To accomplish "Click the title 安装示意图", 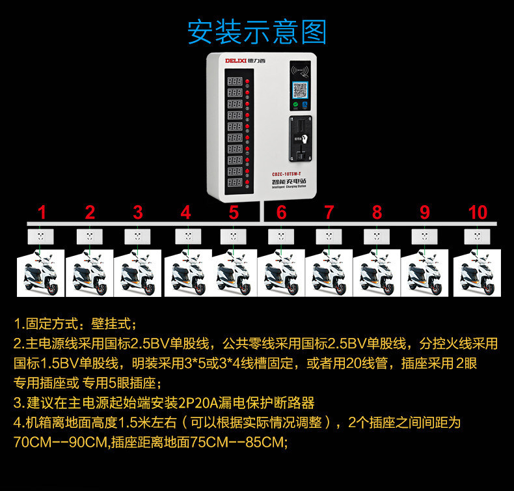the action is (x=256, y=31).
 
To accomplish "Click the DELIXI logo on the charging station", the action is (x=246, y=61).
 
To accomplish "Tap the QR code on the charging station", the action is (x=300, y=89).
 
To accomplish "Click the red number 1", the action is (x=42, y=212).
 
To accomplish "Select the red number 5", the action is (x=234, y=212).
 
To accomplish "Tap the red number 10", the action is (x=478, y=212).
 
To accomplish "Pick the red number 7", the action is (x=329, y=212).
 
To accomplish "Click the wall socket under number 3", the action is (x=138, y=236).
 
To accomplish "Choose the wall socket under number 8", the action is (x=377, y=236).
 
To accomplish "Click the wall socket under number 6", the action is (x=281, y=236).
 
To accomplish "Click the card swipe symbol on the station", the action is (x=300, y=70).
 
